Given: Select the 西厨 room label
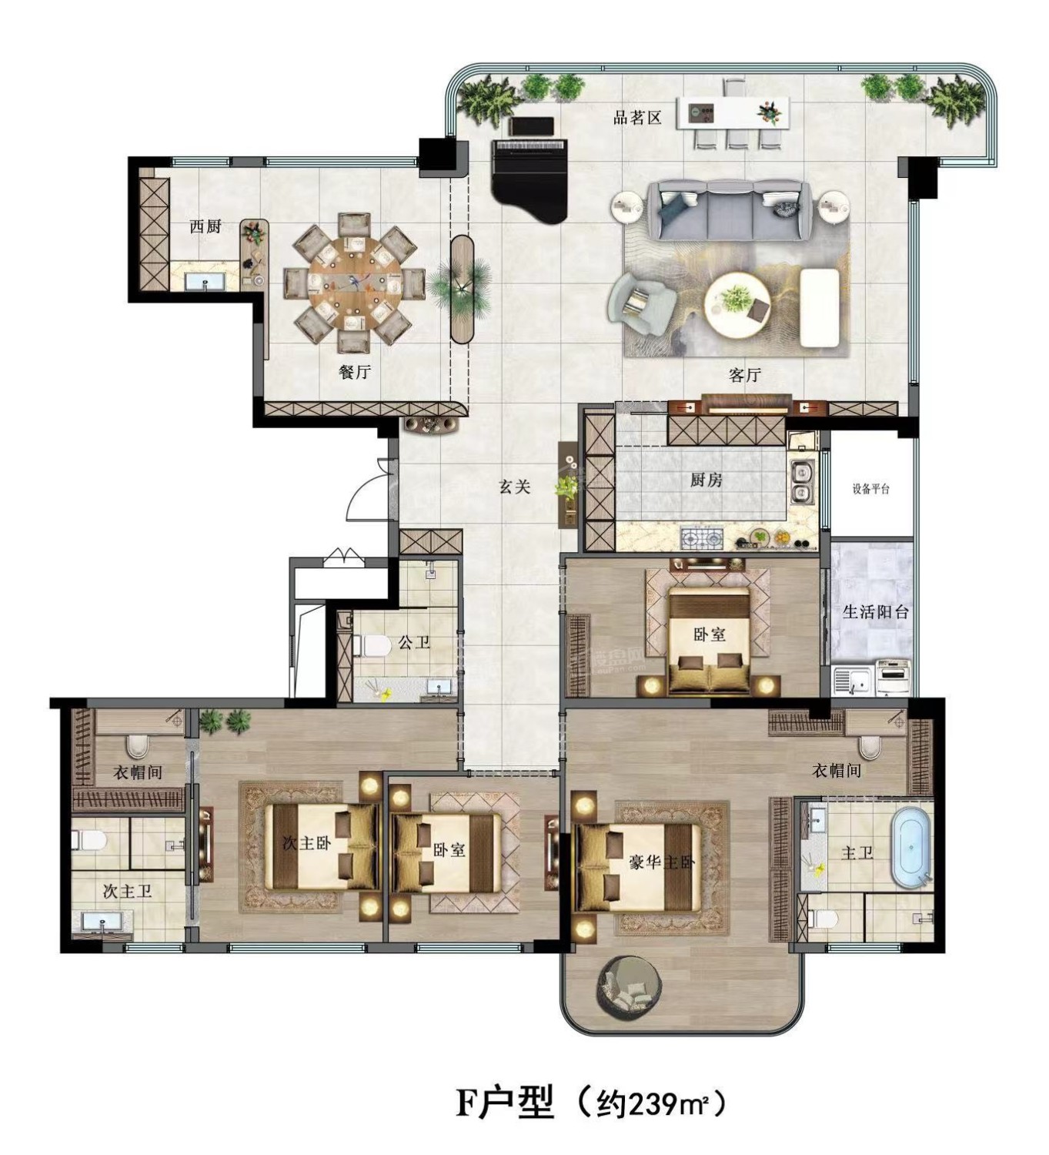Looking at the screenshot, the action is coord(205,226).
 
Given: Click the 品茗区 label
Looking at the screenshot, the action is coord(636,118).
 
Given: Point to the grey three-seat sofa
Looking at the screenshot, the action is coord(730,209).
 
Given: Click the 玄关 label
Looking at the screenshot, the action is coord(514,487).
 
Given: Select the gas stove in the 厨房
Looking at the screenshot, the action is coord(701,538).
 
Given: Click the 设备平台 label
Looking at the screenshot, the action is coord(870,490).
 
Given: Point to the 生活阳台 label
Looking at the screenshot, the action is coord(875,611).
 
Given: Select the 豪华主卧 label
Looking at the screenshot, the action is coord(662,862).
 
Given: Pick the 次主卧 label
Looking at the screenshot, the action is coord(307,842).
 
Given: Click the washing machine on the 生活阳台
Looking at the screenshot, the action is coord(893,678).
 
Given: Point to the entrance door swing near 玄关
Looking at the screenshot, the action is coord(369,487).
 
